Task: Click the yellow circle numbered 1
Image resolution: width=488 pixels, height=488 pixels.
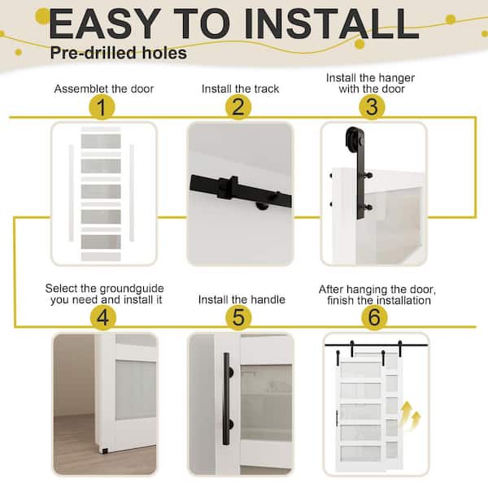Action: (102, 107)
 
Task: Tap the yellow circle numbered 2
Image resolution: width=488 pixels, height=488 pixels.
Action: (237, 107)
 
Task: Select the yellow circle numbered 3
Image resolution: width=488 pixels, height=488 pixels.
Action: (372, 107)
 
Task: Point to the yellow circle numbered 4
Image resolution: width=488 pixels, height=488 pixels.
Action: (102, 316)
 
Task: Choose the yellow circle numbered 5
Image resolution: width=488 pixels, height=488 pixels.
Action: (237, 317)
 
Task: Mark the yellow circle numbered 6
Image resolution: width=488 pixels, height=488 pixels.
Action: (373, 317)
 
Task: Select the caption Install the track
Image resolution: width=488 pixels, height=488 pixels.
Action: (239, 88)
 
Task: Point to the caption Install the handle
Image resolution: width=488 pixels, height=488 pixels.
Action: (242, 299)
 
